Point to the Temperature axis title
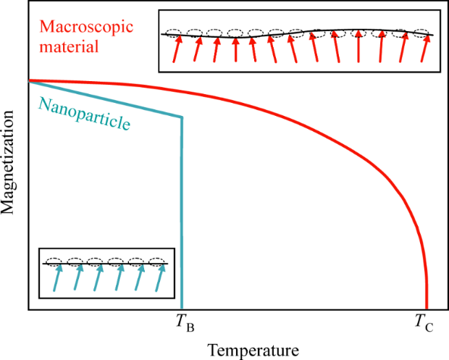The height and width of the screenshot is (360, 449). [253, 349]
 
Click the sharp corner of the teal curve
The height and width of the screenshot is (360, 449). [181, 117]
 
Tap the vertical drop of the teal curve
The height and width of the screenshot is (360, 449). [181, 217]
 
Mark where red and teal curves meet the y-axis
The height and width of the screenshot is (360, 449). [28, 80]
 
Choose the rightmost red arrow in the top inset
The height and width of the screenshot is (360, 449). [426, 49]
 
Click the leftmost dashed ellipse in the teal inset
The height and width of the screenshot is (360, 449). [54, 261]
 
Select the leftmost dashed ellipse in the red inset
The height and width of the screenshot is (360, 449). [174, 33]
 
